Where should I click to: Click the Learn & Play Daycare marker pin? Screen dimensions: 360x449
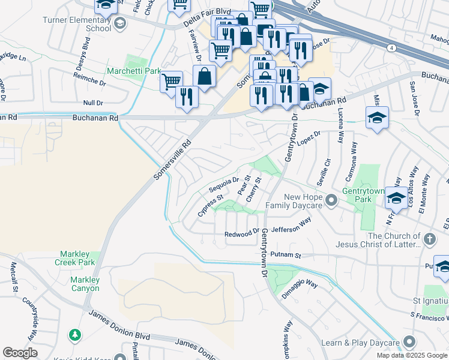(x=409, y=343)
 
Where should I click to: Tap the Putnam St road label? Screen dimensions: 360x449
(x=285, y=254)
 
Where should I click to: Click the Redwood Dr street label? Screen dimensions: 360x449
(x=241, y=234)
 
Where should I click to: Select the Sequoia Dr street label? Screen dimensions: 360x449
(x=224, y=184)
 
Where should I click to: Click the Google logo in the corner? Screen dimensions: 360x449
(x=20, y=353)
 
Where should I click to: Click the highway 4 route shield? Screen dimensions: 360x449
(x=391, y=48)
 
